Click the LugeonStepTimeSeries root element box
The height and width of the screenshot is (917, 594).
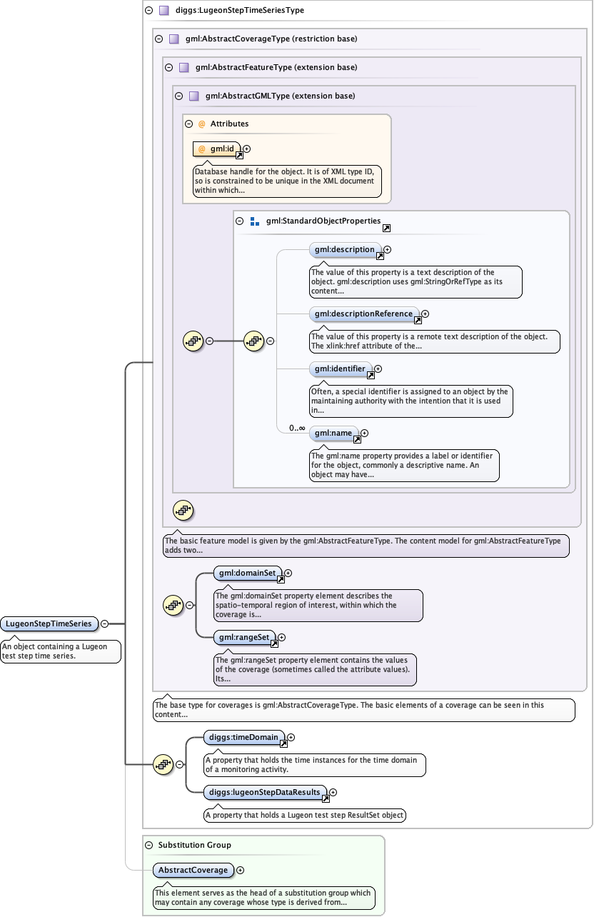point(49,623)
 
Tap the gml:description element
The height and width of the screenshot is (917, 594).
point(345,250)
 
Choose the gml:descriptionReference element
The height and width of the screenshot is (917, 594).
point(363,314)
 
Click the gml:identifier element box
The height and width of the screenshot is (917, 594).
point(340,369)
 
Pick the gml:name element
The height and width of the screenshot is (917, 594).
point(333,433)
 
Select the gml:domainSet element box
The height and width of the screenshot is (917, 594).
point(248,573)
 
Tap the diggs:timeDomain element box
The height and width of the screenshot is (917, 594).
point(243,737)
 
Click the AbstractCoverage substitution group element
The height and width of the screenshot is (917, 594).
point(193,870)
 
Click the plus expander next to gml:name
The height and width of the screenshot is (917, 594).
point(365,433)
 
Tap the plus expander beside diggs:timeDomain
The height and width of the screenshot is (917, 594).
point(291,737)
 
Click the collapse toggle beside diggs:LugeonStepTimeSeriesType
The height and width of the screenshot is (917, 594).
point(148,11)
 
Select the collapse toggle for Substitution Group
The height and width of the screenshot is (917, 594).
point(148,845)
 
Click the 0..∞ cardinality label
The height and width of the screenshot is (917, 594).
point(297,428)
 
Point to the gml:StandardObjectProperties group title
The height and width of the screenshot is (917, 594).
point(323,221)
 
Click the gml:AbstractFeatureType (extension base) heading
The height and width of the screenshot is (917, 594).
point(276,67)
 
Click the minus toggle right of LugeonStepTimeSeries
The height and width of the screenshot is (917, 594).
point(105,623)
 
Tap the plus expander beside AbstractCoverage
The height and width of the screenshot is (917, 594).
point(241,870)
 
